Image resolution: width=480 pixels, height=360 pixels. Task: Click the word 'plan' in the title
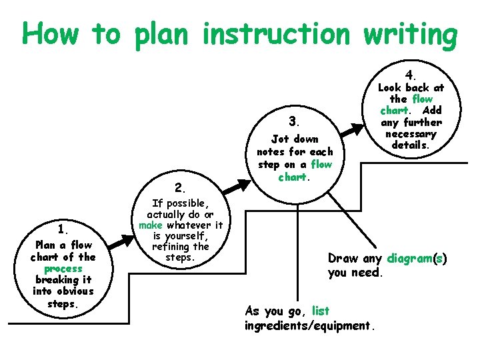coord(163,35)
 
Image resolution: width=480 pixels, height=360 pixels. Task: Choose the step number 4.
coord(411,74)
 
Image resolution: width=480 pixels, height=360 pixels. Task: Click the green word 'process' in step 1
coord(63,269)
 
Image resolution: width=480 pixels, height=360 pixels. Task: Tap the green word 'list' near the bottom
coord(320,311)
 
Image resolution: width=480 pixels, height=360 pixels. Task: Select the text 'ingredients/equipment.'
coord(311,326)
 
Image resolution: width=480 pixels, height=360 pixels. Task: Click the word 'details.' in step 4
coord(411,145)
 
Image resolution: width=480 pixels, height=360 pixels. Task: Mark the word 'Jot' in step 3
coord(280,139)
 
